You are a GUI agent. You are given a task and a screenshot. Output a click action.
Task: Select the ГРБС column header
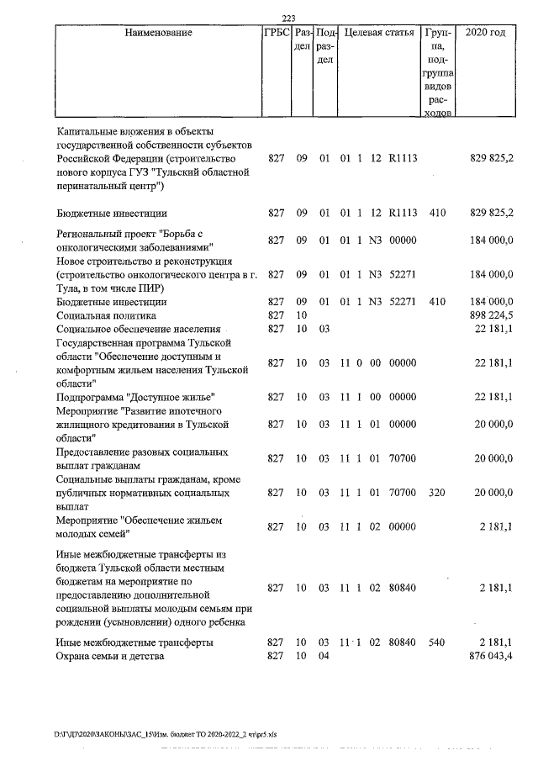tap(277, 34)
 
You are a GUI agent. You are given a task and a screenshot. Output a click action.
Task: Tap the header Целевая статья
tap(379, 34)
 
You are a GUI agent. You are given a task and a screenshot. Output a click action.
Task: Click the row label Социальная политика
tap(105, 314)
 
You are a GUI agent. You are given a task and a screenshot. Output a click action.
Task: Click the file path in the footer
tap(166, 734)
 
